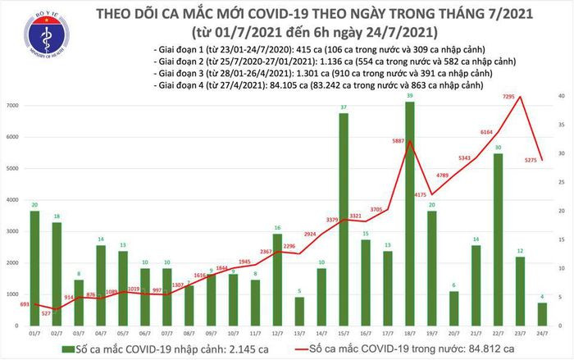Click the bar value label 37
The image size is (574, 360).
click(x=344, y=107)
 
